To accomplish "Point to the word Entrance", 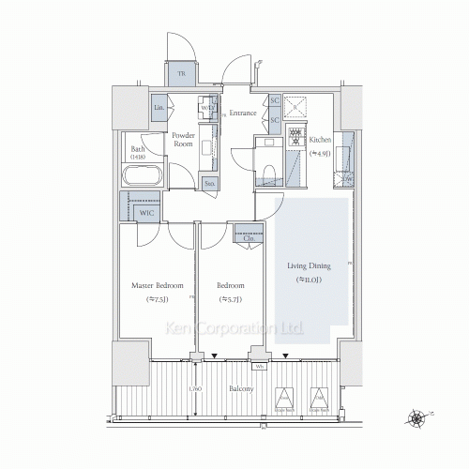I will pos(243,113).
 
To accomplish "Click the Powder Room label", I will pos(183,141).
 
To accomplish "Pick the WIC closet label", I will pos(145,212).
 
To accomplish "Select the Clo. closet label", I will pos(250,238).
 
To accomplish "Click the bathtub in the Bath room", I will pos(143,175).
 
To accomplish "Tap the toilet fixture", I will pos(267,169).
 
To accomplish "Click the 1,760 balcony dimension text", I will pos(194,388).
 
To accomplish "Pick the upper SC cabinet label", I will pos(276,101).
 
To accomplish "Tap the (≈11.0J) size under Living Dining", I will pos(310,280).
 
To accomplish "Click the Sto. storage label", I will pos(210,184).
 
